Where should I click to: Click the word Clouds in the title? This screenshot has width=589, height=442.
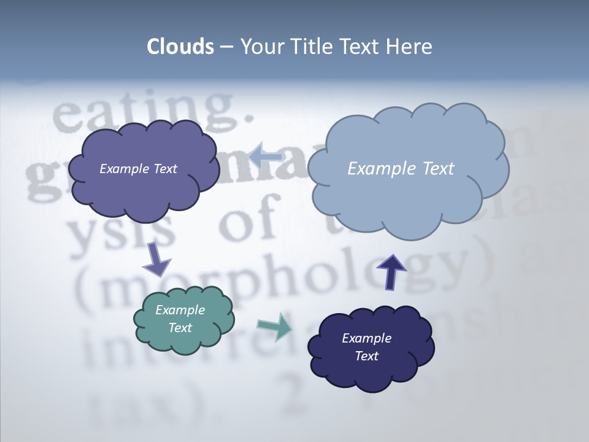pyautogui.click(x=180, y=47)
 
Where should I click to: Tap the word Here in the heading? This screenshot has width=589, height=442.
pyautogui.click(x=410, y=47)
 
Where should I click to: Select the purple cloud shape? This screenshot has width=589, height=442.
pyautogui.click(x=144, y=190)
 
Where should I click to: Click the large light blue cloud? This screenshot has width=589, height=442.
pyautogui.click(x=407, y=203)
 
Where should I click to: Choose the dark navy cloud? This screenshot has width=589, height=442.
pyautogui.click(x=371, y=374)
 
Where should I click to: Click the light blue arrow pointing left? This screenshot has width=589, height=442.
pyautogui.click(x=264, y=157)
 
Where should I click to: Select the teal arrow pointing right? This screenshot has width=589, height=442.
pyautogui.click(x=275, y=327)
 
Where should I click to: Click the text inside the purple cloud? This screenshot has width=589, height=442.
pyautogui.click(x=138, y=169)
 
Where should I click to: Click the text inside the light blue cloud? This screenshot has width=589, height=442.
pyautogui.click(x=401, y=169)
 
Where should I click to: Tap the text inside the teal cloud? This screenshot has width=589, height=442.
pyautogui.click(x=180, y=319)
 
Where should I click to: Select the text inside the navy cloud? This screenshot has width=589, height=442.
pyautogui.click(x=366, y=347)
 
